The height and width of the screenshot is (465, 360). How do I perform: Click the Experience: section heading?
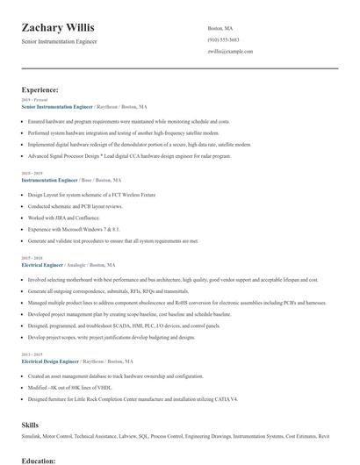coord(40,89)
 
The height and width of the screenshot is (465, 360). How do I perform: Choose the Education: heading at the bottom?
coord(39,459)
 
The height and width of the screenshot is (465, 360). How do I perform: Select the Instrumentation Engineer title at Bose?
coord(50,180)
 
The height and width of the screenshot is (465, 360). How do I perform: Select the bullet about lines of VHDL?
coord(70,386)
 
